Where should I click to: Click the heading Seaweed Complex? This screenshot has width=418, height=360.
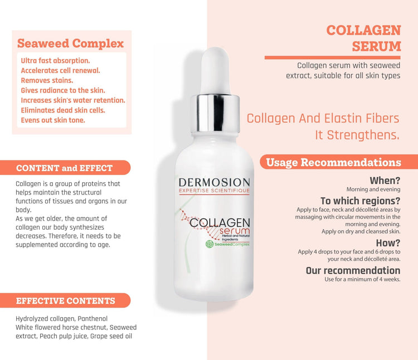click(70, 43)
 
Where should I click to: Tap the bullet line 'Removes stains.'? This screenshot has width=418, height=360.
click(47, 80)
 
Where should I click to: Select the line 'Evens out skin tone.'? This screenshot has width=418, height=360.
click(53, 120)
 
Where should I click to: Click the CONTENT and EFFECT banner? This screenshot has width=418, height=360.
click(65, 168)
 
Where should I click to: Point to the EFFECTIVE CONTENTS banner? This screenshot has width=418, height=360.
click(65, 300)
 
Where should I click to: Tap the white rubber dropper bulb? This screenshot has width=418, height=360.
click(215, 70)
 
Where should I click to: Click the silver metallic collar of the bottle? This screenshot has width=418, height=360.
click(215, 113)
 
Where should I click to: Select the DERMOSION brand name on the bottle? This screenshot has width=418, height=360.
click(215, 183)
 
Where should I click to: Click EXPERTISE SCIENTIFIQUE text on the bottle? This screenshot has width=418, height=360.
click(215, 191)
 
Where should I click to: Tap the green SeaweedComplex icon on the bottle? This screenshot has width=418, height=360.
click(210, 244)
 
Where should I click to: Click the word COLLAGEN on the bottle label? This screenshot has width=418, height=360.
click(220, 223)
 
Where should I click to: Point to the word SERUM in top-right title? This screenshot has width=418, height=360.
click(376, 46)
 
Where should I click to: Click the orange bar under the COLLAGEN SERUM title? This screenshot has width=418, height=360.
click(332, 57)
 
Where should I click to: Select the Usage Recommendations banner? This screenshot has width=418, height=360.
click(338, 162)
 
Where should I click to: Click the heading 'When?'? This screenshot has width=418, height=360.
click(385, 181)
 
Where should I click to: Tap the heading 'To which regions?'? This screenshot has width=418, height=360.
click(361, 201)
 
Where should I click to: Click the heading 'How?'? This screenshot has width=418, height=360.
click(388, 243)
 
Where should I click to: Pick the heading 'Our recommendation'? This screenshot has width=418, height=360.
click(353, 270)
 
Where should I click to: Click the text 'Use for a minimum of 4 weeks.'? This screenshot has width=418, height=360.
click(362, 279)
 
